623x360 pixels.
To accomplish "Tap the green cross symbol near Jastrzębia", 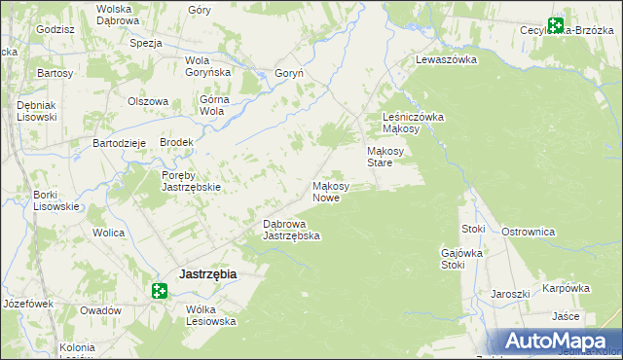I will tap(161, 290).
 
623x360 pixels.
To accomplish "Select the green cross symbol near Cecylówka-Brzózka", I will tap(556, 26).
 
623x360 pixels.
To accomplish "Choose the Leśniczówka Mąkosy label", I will tap(413, 123).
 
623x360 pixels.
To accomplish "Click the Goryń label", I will tap(291, 73).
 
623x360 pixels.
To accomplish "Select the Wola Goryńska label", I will tap(207, 65).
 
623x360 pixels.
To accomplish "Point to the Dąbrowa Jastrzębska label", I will tap(292, 230).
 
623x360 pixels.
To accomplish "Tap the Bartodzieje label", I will tap(119, 143).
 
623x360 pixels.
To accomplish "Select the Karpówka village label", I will tap(567, 288).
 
